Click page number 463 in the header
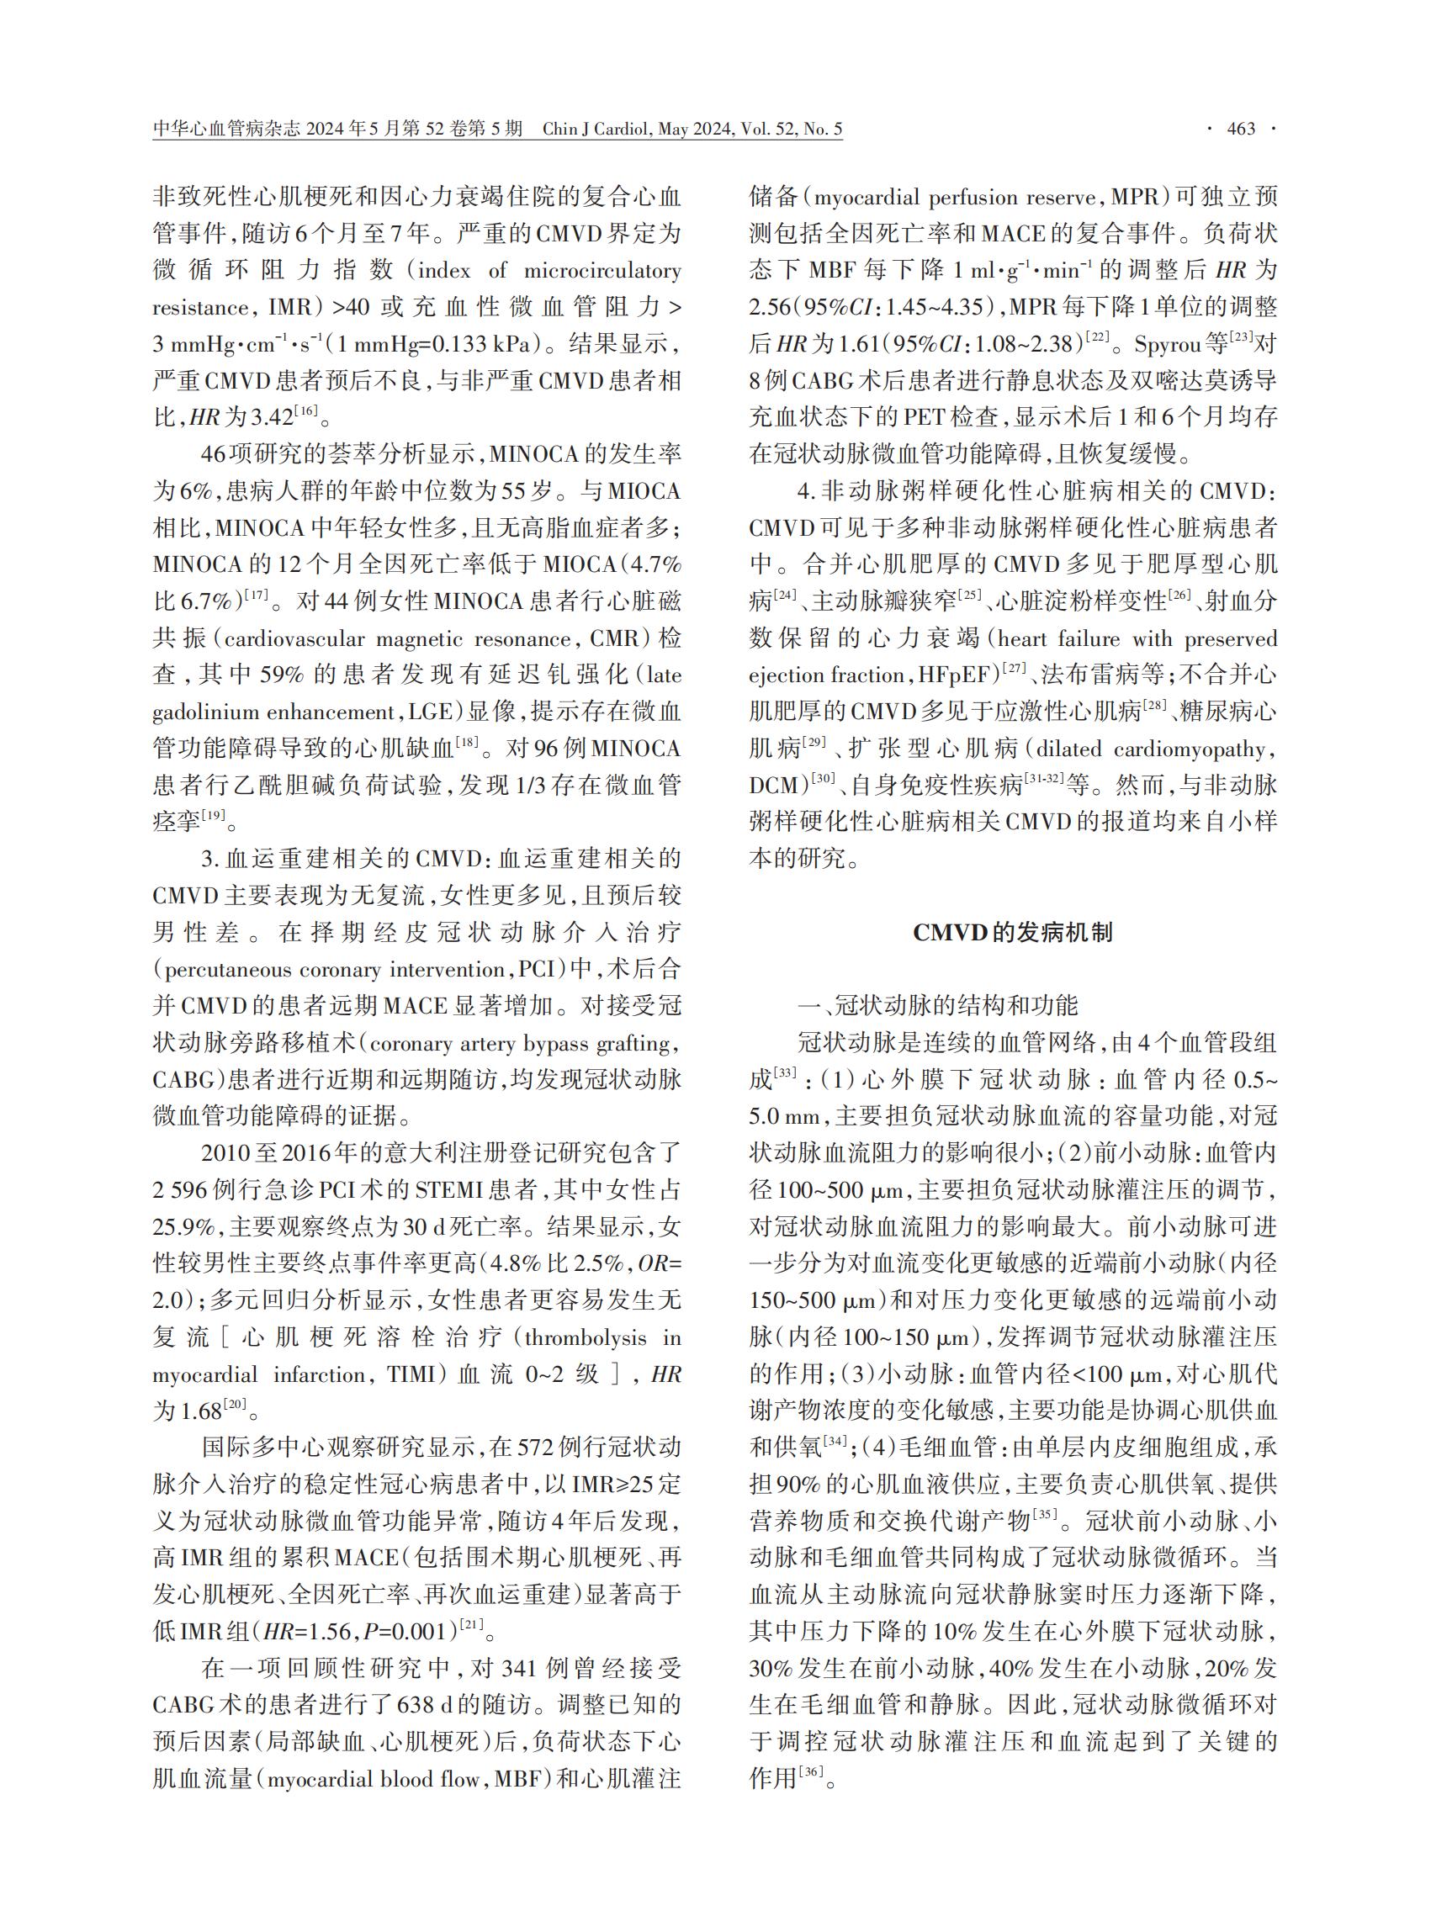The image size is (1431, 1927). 1242,129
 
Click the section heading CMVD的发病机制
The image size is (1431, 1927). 1012,933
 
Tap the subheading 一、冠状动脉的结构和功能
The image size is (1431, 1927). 937,1005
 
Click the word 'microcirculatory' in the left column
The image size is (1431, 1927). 602,271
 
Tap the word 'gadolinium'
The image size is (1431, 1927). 205,712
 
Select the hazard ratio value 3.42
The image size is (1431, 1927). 272,417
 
